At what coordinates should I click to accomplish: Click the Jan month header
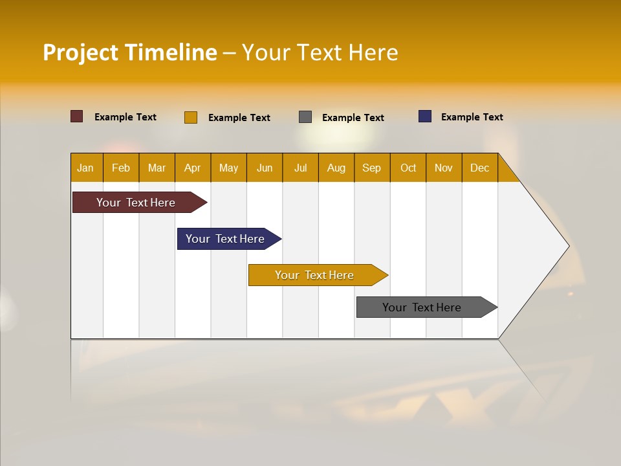(x=85, y=168)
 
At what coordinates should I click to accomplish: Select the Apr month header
(x=192, y=168)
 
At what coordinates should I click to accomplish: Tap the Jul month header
(x=300, y=168)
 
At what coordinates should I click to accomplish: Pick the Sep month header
(x=371, y=168)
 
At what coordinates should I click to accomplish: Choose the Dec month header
(x=479, y=168)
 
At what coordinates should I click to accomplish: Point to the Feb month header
(x=121, y=168)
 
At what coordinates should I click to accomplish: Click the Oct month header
(x=408, y=168)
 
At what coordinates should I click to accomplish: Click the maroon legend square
(x=76, y=116)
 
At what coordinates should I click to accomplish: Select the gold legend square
(x=191, y=117)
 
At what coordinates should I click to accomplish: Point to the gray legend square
(x=305, y=117)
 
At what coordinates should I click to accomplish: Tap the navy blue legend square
(x=425, y=116)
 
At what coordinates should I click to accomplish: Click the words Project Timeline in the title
(x=129, y=52)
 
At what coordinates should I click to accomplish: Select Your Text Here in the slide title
(x=320, y=52)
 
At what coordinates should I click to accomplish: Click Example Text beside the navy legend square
(x=472, y=117)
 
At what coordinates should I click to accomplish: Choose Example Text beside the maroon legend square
(x=125, y=117)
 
